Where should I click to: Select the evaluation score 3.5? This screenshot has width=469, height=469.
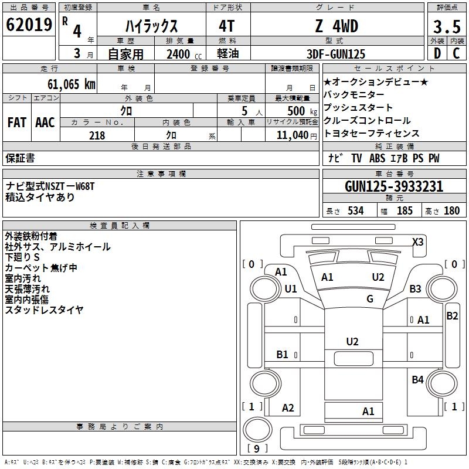pyautogui.click(x=446, y=27)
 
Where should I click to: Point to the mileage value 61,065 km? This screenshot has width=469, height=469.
pyautogui.click(x=66, y=84)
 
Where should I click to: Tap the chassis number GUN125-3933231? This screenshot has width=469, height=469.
pyautogui.click(x=394, y=186)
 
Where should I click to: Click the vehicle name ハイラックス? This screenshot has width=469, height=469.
pyautogui.click(x=151, y=26)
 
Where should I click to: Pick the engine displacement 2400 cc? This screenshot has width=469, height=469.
pyautogui.click(x=182, y=54)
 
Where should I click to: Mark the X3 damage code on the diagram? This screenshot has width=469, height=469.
pyautogui.click(x=417, y=242)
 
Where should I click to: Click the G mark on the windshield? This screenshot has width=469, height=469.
pyautogui.click(x=370, y=299)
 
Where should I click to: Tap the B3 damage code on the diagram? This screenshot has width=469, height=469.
pyautogui.click(x=416, y=288)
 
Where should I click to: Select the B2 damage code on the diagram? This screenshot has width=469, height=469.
pyautogui.click(x=452, y=316)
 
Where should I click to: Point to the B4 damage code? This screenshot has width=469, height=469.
pyautogui.click(x=417, y=380)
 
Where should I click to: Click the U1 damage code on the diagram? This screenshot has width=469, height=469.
pyautogui.click(x=291, y=288)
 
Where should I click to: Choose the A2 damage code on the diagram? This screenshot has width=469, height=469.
pyautogui.click(x=288, y=408)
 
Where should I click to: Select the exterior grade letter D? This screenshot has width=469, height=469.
pyautogui.click(x=437, y=54)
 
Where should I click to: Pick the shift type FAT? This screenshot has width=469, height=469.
pyautogui.click(x=17, y=123)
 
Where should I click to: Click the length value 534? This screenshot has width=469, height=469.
pyautogui.click(x=355, y=211)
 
